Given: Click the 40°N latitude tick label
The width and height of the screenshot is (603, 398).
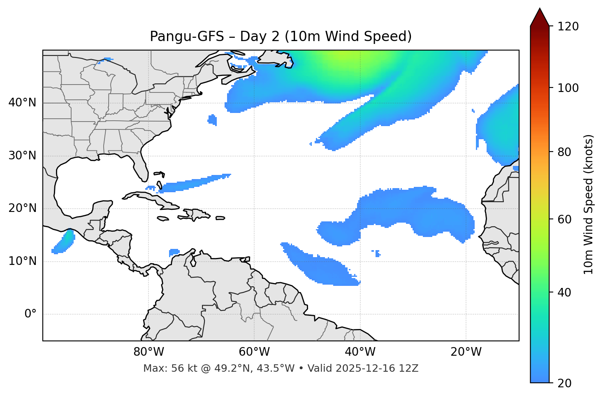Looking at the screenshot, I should pos(22,103).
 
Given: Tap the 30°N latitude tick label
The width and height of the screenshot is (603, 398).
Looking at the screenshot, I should pos(22,156).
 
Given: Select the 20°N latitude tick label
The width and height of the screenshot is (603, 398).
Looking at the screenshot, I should pos(22,209).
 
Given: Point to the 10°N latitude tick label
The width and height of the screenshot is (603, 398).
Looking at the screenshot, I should pos(22,261).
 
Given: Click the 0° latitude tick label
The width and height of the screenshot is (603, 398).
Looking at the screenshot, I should pos(30,314).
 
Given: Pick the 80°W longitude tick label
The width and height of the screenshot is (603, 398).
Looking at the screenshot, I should pos(148,352).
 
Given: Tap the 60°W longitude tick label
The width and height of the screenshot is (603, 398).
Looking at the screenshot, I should pos(254,352).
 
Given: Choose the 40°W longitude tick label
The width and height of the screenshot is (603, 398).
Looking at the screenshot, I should pos(360,352).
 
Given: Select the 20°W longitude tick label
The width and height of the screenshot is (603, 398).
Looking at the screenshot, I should pos(466,352).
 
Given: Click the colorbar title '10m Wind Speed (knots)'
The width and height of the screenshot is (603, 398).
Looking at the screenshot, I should pos(589,204).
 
